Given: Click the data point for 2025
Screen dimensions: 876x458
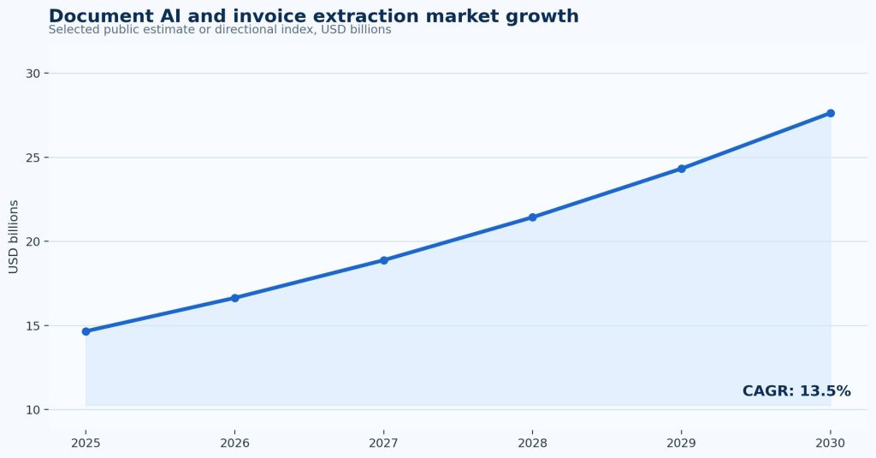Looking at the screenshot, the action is pos(86,331).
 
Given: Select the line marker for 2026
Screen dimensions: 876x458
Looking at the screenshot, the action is pos(234,298).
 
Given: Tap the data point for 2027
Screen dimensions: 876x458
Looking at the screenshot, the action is pos(384,260).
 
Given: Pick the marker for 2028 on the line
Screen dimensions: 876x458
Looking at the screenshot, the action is pos(532,217).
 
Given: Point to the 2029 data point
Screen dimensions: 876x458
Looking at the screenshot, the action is pos(682,169).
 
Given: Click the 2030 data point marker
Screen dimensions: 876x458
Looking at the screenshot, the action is pos(831,113).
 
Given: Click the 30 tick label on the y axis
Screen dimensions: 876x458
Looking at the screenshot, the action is pos(33,74).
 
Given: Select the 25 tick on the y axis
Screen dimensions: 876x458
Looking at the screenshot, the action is pos(33,158).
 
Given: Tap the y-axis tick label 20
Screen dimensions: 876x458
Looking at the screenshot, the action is pos(33,241).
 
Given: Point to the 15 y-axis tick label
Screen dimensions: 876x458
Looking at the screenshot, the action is pos(33,326).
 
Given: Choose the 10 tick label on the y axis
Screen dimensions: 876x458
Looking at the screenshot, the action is pos(33,410).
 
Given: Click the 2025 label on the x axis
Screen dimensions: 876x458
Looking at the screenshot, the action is pos(86,443).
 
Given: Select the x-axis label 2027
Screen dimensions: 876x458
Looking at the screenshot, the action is pos(384,443).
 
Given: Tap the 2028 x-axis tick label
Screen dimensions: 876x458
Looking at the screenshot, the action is pos(532,443).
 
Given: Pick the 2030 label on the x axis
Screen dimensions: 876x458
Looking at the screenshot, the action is pos(831,443).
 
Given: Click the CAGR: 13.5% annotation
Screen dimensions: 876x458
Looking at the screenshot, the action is pos(796,391).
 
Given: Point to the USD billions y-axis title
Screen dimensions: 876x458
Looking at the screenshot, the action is pos(14,236).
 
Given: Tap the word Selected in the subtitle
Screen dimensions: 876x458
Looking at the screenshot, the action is pos(66,30).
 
